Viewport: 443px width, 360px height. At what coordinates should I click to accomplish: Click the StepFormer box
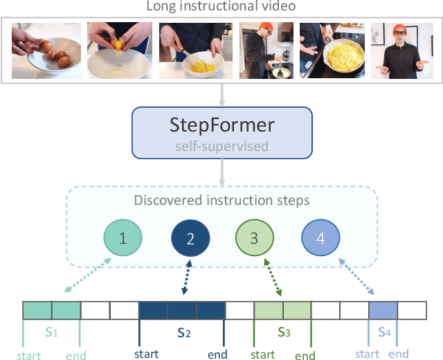(221, 132)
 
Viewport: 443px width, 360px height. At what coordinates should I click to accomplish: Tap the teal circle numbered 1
(123, 239)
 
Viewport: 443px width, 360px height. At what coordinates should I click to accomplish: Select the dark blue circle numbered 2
(190, 239)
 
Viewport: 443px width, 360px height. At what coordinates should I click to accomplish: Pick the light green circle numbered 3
(254, 239)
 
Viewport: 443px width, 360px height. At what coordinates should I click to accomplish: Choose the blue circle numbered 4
(320, 239)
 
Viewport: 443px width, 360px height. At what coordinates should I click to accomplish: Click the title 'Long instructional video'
(221, 8)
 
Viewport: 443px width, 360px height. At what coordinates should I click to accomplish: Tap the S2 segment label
(183, 333)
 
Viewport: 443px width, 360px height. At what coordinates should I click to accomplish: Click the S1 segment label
(52, 333)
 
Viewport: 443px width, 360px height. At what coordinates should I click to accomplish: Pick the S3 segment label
(283, 333)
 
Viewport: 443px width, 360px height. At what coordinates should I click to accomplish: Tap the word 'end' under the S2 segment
(217, 355)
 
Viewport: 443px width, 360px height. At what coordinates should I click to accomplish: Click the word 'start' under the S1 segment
(27, 356)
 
